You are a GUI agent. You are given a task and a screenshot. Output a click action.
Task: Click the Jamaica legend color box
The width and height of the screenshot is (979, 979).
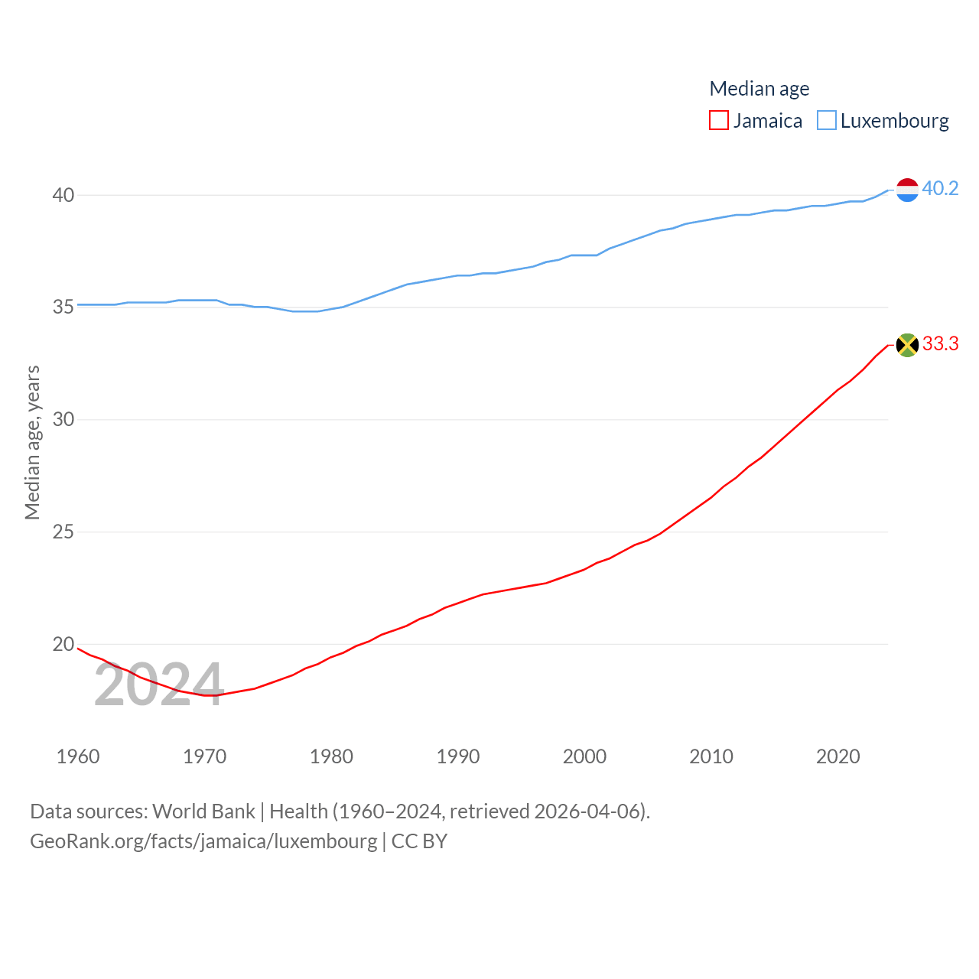pos(719,121)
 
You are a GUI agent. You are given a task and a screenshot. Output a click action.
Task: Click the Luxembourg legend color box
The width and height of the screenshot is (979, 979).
pos(827,121)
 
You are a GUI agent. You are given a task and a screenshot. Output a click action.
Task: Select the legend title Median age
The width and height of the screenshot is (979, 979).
pos(759,89)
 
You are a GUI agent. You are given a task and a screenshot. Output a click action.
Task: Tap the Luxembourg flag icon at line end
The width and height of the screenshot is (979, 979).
pos(907,190)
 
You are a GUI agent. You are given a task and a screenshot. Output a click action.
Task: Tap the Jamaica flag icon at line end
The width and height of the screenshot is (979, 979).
pos(907,345)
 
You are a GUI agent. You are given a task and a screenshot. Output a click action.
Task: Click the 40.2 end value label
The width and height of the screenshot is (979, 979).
pos(940,188)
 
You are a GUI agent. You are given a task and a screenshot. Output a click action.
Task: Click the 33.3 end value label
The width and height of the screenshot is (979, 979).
pos(940,343)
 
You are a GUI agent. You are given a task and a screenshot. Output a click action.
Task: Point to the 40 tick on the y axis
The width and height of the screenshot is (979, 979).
pos(63,195)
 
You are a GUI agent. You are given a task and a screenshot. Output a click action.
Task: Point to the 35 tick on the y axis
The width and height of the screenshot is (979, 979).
pos(63,307)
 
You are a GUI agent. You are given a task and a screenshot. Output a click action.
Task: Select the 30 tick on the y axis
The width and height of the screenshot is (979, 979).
pos(63,419)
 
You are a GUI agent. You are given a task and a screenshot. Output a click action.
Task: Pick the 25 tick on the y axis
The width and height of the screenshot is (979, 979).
pos(63,532)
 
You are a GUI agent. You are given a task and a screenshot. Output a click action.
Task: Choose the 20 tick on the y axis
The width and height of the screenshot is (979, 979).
pos(63,644)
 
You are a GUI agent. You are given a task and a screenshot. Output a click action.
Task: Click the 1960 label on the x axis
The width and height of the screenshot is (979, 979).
pos(78,756)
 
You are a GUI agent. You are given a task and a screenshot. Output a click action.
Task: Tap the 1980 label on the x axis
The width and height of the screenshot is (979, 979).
pos(331,756)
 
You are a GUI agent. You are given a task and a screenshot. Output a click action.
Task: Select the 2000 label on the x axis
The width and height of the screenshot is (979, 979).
pos(584,756)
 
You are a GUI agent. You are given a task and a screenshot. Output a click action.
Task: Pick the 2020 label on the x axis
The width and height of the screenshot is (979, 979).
pos(838,756)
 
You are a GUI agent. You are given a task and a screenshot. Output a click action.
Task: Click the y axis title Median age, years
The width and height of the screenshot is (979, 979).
pos(32,442)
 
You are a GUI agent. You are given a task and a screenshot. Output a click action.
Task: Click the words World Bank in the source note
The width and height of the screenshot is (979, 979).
pos(203,811)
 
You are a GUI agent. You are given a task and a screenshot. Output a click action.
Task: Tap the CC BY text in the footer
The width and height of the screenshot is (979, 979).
pos(419,841)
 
